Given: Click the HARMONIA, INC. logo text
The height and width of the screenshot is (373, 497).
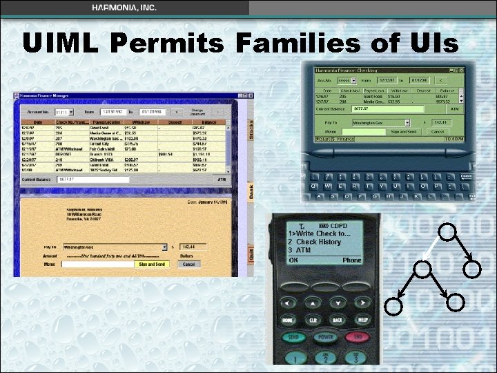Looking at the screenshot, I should [124, 7].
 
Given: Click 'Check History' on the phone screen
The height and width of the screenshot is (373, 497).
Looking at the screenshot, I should [318, 242].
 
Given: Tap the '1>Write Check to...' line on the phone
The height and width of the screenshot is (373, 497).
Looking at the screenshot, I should [318, 233].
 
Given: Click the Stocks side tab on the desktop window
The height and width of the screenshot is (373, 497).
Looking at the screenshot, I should [251, 131].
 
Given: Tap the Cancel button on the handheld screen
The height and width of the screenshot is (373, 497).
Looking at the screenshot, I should [437, 131].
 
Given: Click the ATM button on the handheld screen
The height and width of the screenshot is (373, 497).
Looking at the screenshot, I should [454, 108].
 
